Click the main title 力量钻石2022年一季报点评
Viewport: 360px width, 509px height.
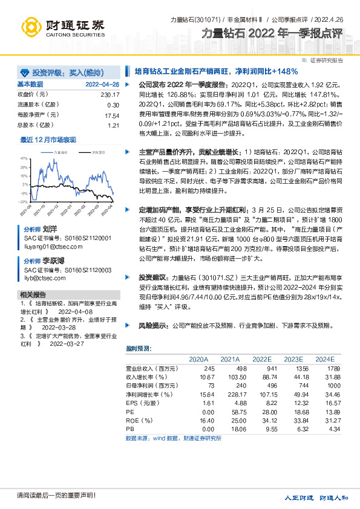coord(275,34)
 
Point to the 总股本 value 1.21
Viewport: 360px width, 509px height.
coord(114,125)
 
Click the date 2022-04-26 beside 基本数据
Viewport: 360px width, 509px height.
coord(102,84)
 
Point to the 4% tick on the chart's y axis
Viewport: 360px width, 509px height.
coord(24,158)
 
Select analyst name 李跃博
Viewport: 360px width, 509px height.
coord(53,261)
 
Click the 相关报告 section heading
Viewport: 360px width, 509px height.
coord(29,294)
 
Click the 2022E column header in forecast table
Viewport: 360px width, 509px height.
coord(262,359)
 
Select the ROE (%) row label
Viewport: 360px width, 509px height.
coord(140,420)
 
